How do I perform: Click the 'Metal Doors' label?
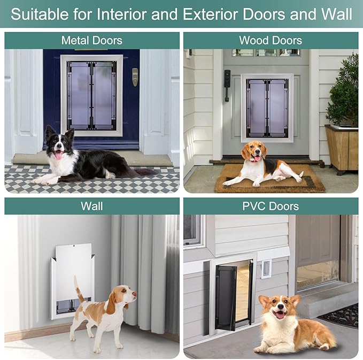91,40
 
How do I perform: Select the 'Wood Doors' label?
271,40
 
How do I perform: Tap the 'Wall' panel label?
91,206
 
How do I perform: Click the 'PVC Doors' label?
271,206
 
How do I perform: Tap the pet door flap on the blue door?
91,95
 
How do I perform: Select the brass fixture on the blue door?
135,76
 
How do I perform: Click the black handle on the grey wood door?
227,85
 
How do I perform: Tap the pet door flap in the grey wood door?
267,107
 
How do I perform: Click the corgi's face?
280,310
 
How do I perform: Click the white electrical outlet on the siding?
266,268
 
